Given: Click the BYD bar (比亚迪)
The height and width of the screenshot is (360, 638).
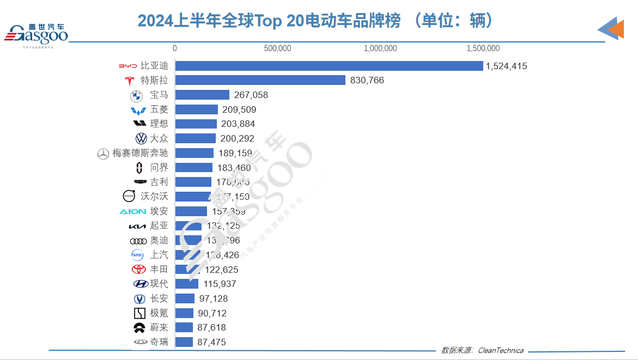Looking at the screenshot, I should click(329, 66).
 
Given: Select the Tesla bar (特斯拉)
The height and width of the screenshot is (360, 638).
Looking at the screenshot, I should click(260, 80).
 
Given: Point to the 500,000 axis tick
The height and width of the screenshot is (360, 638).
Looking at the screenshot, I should click(277, 48).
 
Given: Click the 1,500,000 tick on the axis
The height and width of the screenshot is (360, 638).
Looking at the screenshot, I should click(483, 48).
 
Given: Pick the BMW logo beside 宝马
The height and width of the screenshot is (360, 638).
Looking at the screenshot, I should click(136, 96).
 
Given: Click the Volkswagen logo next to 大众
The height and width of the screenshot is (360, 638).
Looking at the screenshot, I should click(141, 138).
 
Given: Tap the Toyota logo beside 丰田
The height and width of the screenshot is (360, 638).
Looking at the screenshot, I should click(139, 269).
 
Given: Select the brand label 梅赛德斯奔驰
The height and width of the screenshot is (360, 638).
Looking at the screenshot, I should click(140, 153).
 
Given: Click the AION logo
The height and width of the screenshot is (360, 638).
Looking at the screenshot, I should click(132, 211).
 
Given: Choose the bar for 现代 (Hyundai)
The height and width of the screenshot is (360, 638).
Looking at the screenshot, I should click(186, 284).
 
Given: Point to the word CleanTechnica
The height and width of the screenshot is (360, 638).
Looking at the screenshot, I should click(501, 350).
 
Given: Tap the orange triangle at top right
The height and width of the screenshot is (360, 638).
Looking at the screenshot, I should click(616, 28).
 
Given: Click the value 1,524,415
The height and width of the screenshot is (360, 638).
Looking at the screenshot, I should click(506, 66).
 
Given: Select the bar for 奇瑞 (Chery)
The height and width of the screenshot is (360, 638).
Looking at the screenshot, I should click(184, 342).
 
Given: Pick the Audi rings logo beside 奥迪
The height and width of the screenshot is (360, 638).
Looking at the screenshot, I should click(138, 241).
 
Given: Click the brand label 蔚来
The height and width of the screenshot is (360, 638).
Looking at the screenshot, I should click(159, 327).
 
